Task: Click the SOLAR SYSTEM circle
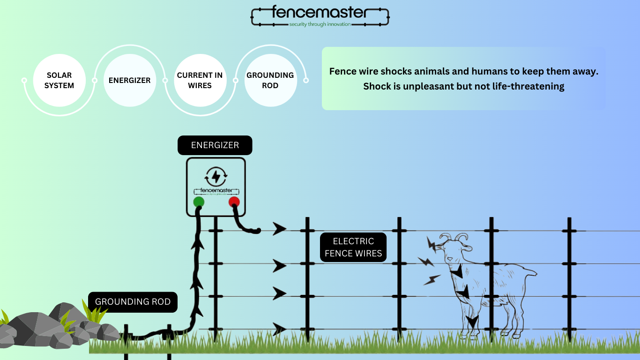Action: [x=60, y=80]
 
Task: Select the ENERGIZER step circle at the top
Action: [x=129, y=80]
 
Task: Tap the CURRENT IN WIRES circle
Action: [x=200, y=80]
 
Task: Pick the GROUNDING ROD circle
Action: [x=270, y=80]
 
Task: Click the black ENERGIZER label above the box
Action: [x=215, y=145]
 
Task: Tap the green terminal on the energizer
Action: [x=199, y=202]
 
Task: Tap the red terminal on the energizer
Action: [x=234, y=202]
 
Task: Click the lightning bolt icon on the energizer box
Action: [x=216, y=176]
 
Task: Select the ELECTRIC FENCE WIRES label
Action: [x=353, y=247]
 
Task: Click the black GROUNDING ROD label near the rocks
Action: [x=133, y=301]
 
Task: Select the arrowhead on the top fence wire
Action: [x=280, y=229]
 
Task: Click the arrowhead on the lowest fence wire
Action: [x=280, y=329]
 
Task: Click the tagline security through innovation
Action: [x=320, y=24]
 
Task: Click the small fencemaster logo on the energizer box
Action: [x=216, y=191]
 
